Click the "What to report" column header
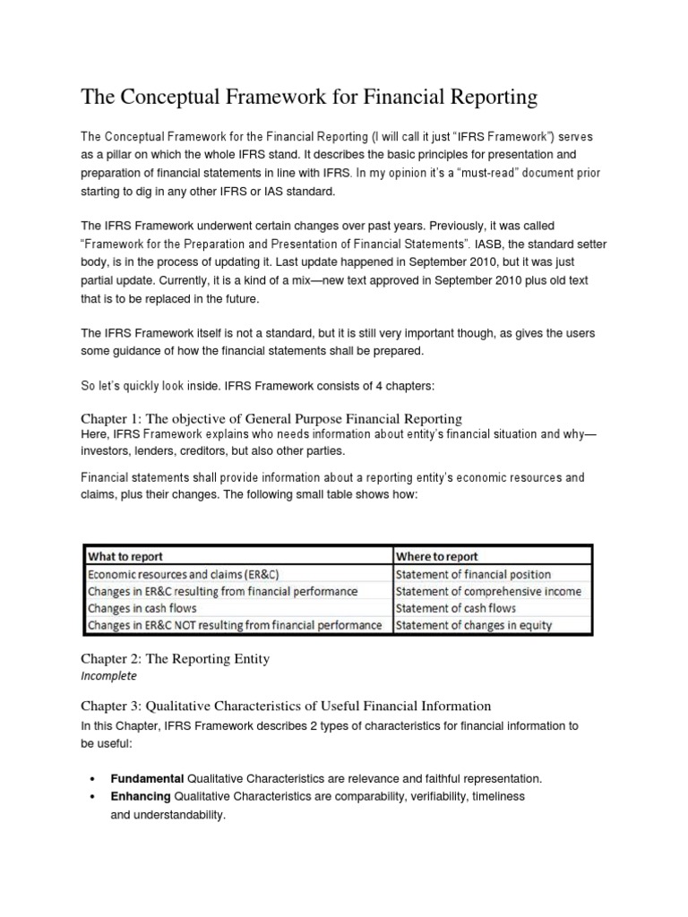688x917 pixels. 125,556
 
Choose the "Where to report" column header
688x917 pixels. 437,556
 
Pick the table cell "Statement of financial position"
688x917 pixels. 473,574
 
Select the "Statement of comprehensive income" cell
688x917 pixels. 487,591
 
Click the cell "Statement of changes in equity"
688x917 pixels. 474,625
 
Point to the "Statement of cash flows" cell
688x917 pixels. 454,608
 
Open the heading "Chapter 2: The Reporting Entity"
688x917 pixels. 176,658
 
